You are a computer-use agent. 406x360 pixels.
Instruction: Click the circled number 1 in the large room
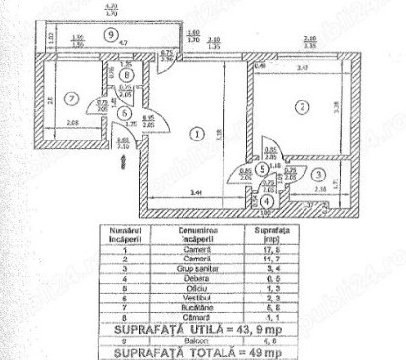coord(196,133)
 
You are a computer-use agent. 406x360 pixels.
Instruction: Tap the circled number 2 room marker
coord(304,106)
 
